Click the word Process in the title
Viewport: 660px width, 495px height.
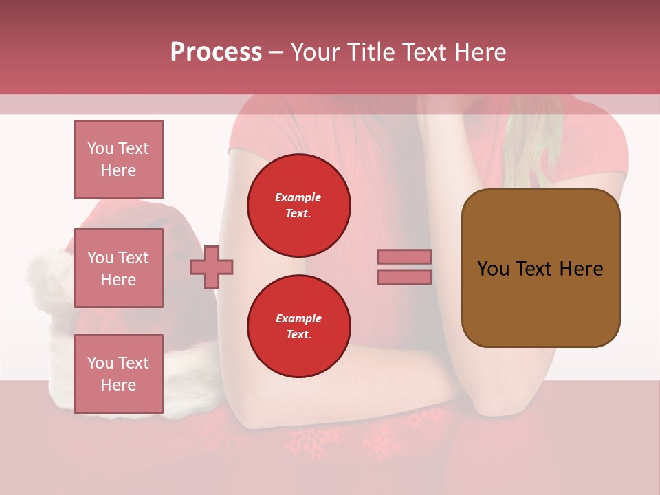coord(216,52)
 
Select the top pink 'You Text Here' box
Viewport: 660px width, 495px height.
coord(118,159)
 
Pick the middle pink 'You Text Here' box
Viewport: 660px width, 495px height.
coord(118,268)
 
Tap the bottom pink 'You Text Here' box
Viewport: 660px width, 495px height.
coord(118,374)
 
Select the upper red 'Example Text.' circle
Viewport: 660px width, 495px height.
coord(298,206)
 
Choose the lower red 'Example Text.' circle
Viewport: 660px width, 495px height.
coord(298,327)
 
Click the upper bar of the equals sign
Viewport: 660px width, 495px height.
coord(404,256)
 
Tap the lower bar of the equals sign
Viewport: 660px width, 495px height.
coord(404,276)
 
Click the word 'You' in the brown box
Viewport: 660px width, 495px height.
coord(493,269)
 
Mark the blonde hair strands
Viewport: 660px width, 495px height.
coord(533,148)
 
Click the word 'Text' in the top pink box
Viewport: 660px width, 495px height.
coord(133,148)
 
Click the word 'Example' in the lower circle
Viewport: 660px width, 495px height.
coord(298,318)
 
